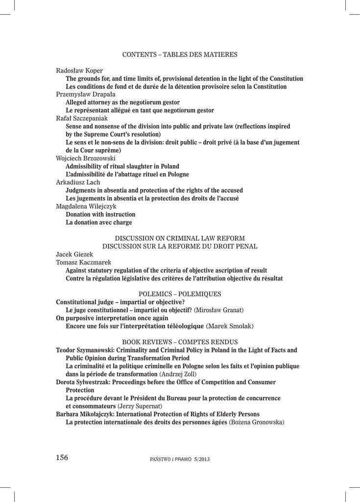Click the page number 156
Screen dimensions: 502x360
pos(62,458)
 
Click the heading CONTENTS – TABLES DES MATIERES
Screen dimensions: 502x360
pos(180,54)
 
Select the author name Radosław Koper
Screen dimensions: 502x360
pos(79,71)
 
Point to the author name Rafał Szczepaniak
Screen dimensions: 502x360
pos(82,118)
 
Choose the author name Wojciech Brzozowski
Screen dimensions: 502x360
pos(86,158)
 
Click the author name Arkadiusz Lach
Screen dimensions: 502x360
pos(78,182)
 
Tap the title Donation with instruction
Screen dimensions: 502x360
pos(100,214)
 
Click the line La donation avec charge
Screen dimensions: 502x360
pos(98,223)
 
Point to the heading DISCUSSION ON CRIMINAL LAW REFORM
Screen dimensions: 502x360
pos(180,238)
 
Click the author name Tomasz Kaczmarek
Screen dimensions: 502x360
pos(84,262)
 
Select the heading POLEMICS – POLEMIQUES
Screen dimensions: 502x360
pos(180,294)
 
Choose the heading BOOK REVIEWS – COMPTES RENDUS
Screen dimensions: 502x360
pos(180,341)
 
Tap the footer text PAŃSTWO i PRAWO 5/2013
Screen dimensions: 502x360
pos(180,459)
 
